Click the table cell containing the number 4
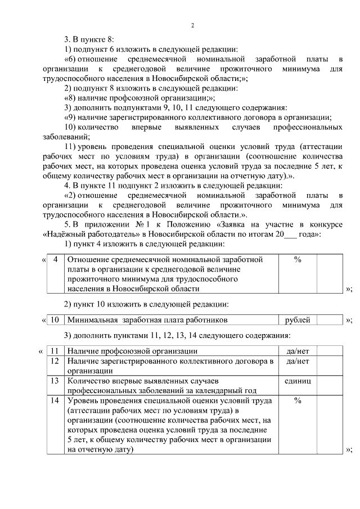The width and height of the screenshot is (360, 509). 55,260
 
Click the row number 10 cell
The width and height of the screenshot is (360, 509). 55,320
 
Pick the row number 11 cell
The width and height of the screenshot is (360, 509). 55,351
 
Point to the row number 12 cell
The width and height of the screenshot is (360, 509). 55,361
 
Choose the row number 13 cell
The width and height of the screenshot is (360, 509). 55,381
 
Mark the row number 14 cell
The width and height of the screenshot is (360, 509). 55,401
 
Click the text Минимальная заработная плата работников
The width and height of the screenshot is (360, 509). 147,320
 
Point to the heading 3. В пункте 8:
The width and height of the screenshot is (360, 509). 89,39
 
